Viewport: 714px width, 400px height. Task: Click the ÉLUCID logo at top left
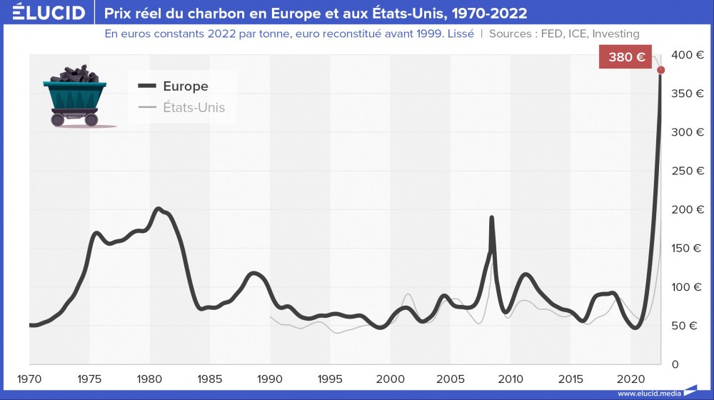click(x=44, y=13)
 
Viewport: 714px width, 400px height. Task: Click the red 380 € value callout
click(x=627, y=57)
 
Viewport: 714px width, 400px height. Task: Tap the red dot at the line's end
click(x=661, y=70)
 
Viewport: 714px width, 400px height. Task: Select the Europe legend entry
click(x=185, y=86)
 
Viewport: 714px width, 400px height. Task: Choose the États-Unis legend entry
click(x=193, y=108)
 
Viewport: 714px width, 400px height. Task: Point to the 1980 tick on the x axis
click(x=149, y=378)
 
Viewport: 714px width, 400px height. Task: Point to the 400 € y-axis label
click(x=687, y=55)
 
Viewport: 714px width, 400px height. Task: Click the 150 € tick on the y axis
click(x=687, y=249)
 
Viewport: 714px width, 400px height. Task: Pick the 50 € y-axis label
click(x=687, y=326)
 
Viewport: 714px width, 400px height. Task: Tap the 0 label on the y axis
click(x=675, y=364)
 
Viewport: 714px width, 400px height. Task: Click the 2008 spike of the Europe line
click(x=491, y=218)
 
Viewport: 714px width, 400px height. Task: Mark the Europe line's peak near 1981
click(x=158, y=209)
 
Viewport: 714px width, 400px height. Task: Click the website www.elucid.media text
click(x=649, y=393)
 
